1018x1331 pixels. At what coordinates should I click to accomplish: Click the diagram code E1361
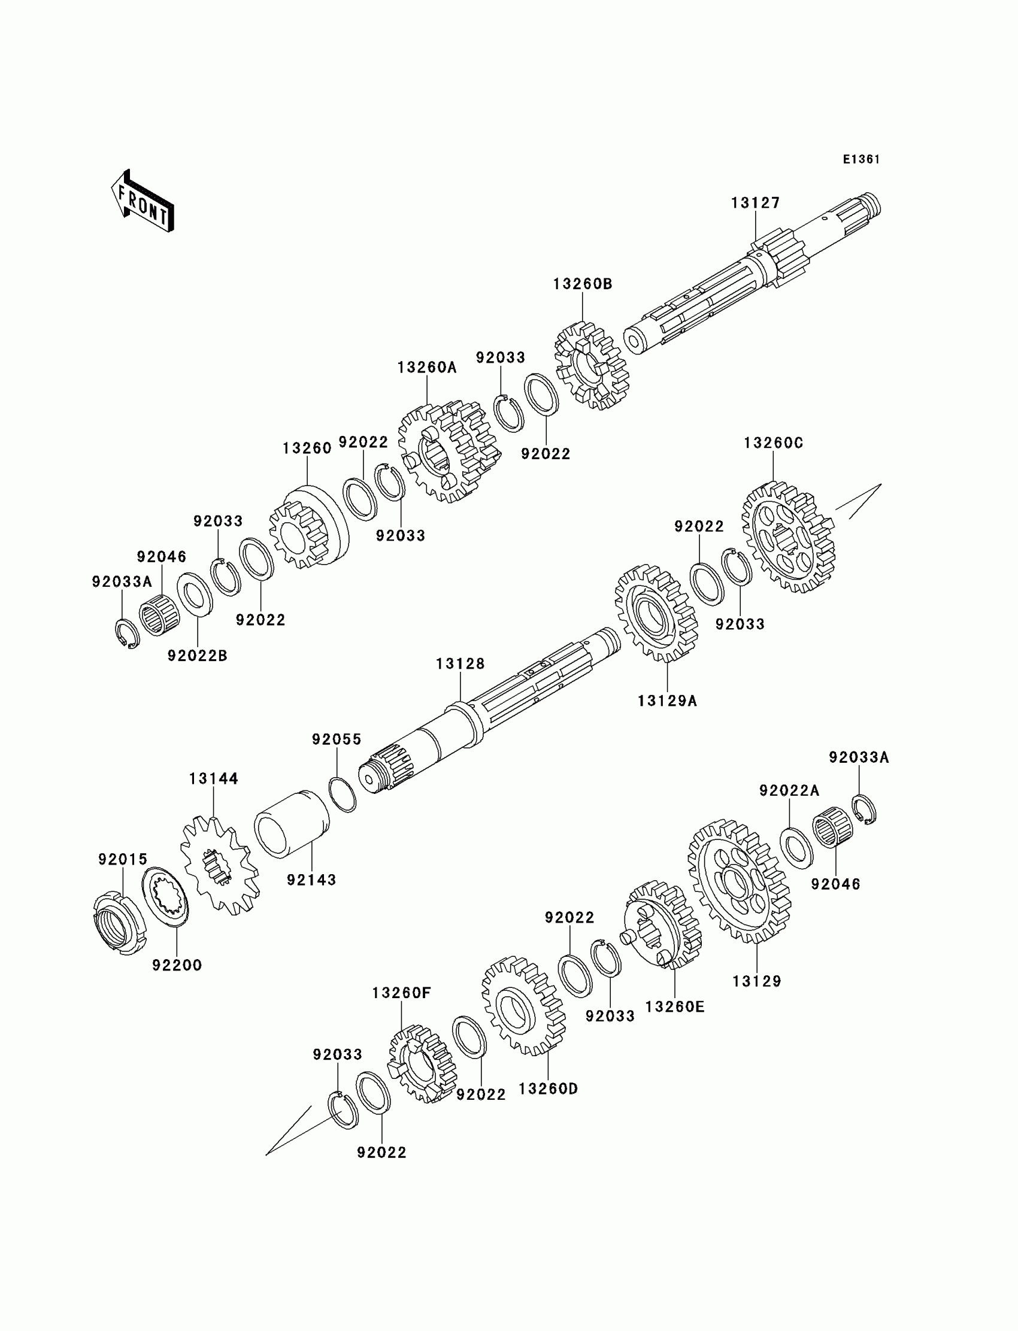click(x=861, y=159)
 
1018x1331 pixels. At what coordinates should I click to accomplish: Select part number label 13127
click(x=755, y=203)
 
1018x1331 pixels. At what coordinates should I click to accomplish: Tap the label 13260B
click(x=582, y=284)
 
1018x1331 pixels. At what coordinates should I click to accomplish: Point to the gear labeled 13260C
click(x=788, y=536)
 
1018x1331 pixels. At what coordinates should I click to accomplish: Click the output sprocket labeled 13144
click(x=219, y=866)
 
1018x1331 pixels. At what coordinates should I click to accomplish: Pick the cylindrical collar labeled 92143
click(x=292, y=824)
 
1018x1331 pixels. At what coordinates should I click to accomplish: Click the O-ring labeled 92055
click(x=343, y=795)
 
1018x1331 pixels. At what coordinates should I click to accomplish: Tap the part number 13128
click(x=460, y=664)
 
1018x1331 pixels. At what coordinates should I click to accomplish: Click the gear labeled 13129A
click(x=656, y=613)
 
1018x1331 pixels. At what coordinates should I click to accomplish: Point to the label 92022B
click(x=198, y=656)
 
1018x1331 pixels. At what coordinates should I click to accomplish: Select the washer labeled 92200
click(x=166, y=899)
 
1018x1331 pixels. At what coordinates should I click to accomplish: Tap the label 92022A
click(x=789, y=790)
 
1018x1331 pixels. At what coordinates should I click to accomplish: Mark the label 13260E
click(x=674, y=1007)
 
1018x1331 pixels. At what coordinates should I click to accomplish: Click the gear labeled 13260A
click(x=449, y=451)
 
